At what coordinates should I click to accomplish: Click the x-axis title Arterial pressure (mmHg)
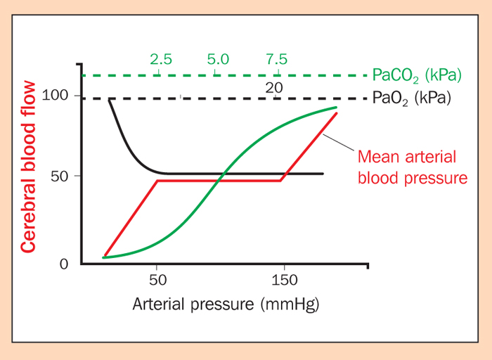227,304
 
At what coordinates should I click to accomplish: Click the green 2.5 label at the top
160,59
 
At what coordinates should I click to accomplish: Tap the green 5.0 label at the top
218,59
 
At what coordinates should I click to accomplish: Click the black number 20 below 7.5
274,86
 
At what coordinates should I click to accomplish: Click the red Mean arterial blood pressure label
413,167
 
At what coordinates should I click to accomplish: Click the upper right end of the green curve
337,108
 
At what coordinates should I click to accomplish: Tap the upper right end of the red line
337,113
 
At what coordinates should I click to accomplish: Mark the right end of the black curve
323,174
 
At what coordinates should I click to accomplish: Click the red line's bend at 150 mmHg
281,181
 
